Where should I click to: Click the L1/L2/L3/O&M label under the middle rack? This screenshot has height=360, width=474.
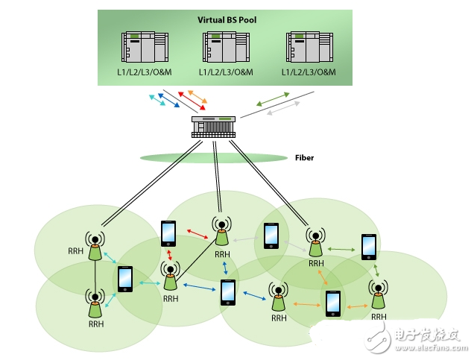[226, 72]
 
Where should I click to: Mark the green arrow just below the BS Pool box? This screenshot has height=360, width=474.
[274, 98]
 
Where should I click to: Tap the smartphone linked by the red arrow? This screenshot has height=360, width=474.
[169, 233]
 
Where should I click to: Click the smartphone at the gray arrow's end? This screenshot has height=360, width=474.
[271, 236]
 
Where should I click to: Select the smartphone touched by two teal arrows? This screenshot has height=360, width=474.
[124, 279]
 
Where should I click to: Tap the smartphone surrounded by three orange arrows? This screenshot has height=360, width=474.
[332, 303]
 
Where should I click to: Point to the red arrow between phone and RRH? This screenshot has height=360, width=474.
[197, 236]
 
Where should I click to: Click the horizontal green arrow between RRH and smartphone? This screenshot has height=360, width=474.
[341, 249]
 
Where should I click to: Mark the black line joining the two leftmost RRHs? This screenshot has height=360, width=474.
[95, 275]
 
